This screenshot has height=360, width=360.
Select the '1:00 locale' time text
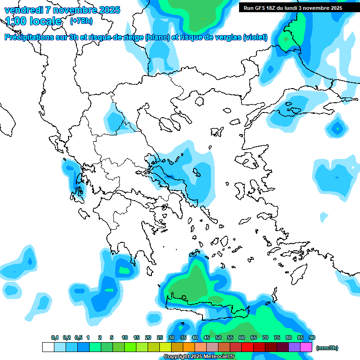pyautogui.click(x=33, y=21)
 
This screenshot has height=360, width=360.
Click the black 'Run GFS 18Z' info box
pyautogui.click(x=293, y=7)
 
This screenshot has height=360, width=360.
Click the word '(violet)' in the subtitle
pyautogui.click(x=255, y=37)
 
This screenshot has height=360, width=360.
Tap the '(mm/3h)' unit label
pyautogui.click(x=327, y=348)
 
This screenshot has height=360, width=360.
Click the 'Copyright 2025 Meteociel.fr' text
pyautogui.click(x=199, y=357)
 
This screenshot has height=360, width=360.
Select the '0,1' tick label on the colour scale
pyautogui.click(x=55, y=337)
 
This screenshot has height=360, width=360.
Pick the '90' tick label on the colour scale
pyautogui.click(x=312, y=337)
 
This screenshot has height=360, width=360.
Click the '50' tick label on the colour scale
pyautogui.click(x=218, y=337)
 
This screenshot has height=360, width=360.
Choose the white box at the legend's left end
pyautogui.click(x=48, y=347)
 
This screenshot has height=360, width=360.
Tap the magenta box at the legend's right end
pyautogui.click(x=306, y=347)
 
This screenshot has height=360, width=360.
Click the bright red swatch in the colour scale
pyautogui.click(x=247, y=347)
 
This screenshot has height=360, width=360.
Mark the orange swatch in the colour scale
pyautogui.click(x=189, y=347)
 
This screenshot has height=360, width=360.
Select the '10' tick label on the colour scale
pyautogui.click(x=125, y=337)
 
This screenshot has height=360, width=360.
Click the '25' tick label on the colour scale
pyautogui.click(x=160, y=337)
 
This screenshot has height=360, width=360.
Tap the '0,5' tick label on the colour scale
pyautogui.click(x=78, y=337)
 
